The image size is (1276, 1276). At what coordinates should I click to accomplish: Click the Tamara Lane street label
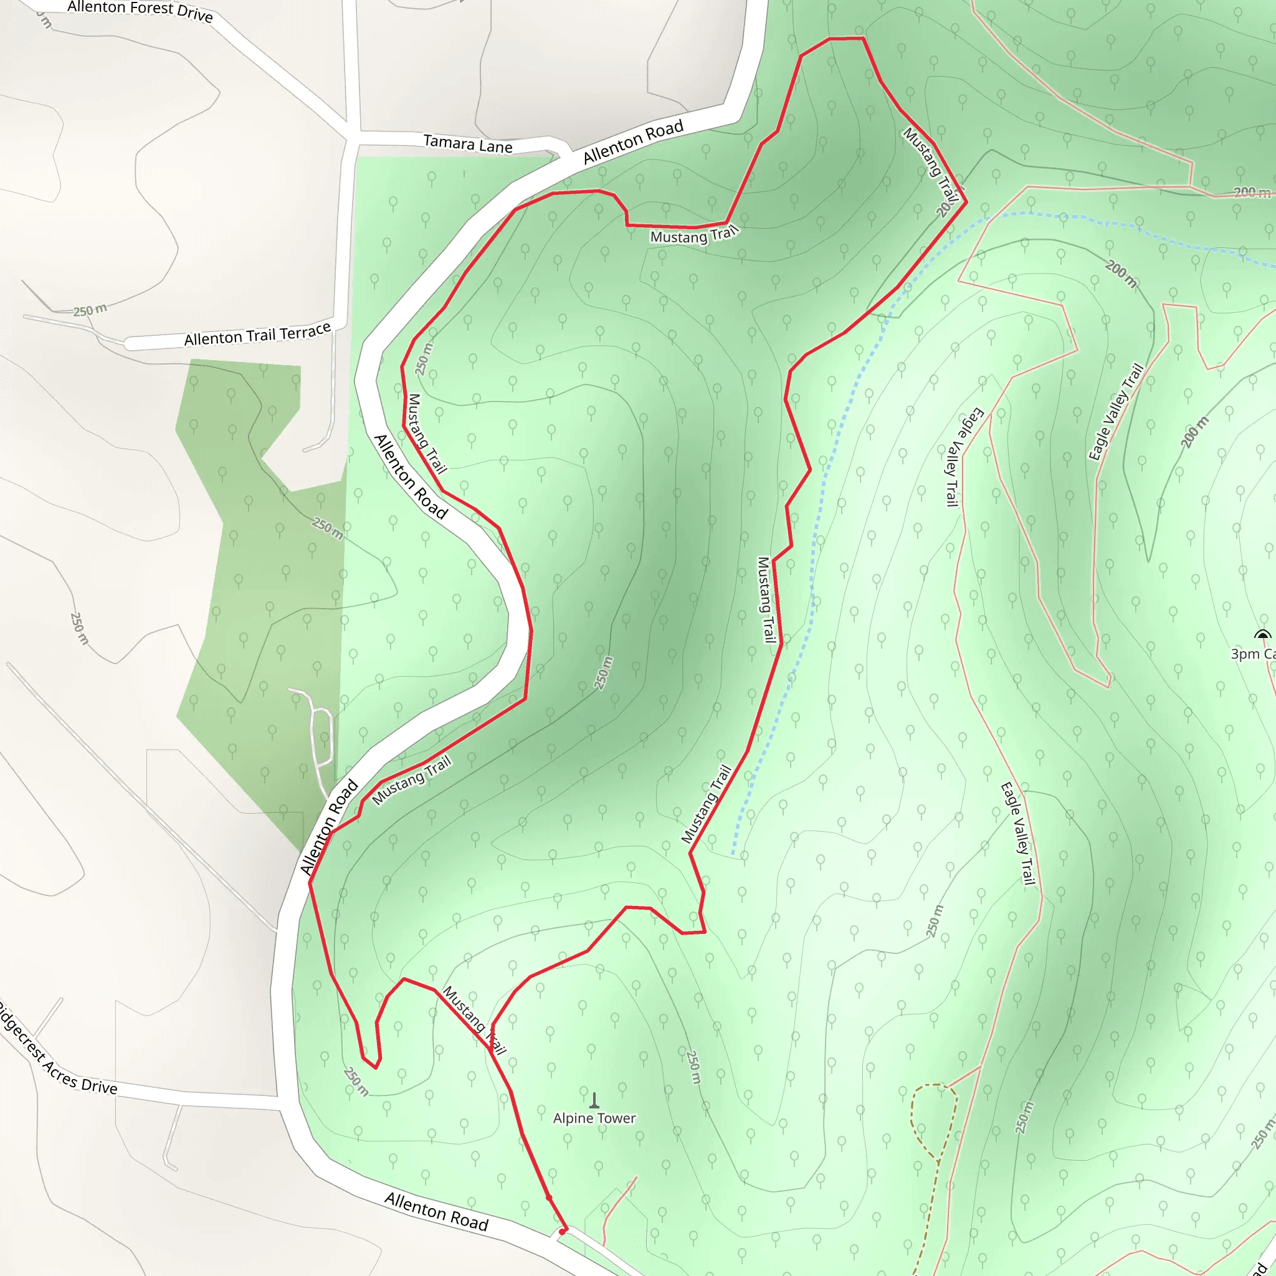[468, 144]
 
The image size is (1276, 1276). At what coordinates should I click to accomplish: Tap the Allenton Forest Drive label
[140, 11]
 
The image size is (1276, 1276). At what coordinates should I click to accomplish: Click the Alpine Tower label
[594, 1118]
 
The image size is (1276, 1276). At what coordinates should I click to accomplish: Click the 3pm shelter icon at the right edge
[1262, 636]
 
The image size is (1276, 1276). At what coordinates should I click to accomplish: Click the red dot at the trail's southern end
[563, 1231]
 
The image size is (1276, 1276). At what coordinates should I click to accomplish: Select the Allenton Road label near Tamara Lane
[633, 142]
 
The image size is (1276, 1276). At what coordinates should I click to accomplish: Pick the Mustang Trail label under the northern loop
[693, 235]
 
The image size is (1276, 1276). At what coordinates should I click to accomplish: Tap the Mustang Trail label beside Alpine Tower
[474, 1020]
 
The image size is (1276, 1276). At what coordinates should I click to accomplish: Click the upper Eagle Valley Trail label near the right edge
[1115, 412]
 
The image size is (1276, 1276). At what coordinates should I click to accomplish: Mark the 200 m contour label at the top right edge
[1252, 192]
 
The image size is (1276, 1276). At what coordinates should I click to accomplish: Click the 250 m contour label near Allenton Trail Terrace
[90, 310]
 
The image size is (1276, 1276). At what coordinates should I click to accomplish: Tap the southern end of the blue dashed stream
[734, 855]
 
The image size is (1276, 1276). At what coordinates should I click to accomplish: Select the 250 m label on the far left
[79, 627]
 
